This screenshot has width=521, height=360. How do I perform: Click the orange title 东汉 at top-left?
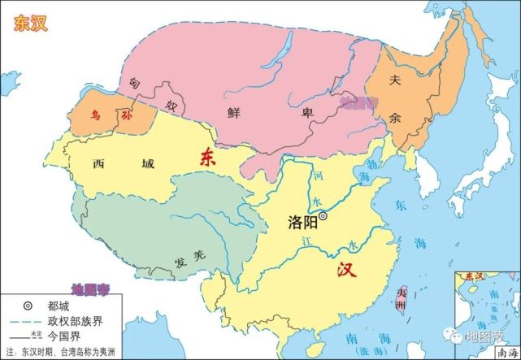click(x=29, y=23)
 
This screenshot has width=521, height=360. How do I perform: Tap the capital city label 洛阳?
click(x=302, y=220)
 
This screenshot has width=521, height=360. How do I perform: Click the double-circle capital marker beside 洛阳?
click(x=323, y=217)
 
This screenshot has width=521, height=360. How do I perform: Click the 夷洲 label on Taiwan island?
click(x=400, y=298)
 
